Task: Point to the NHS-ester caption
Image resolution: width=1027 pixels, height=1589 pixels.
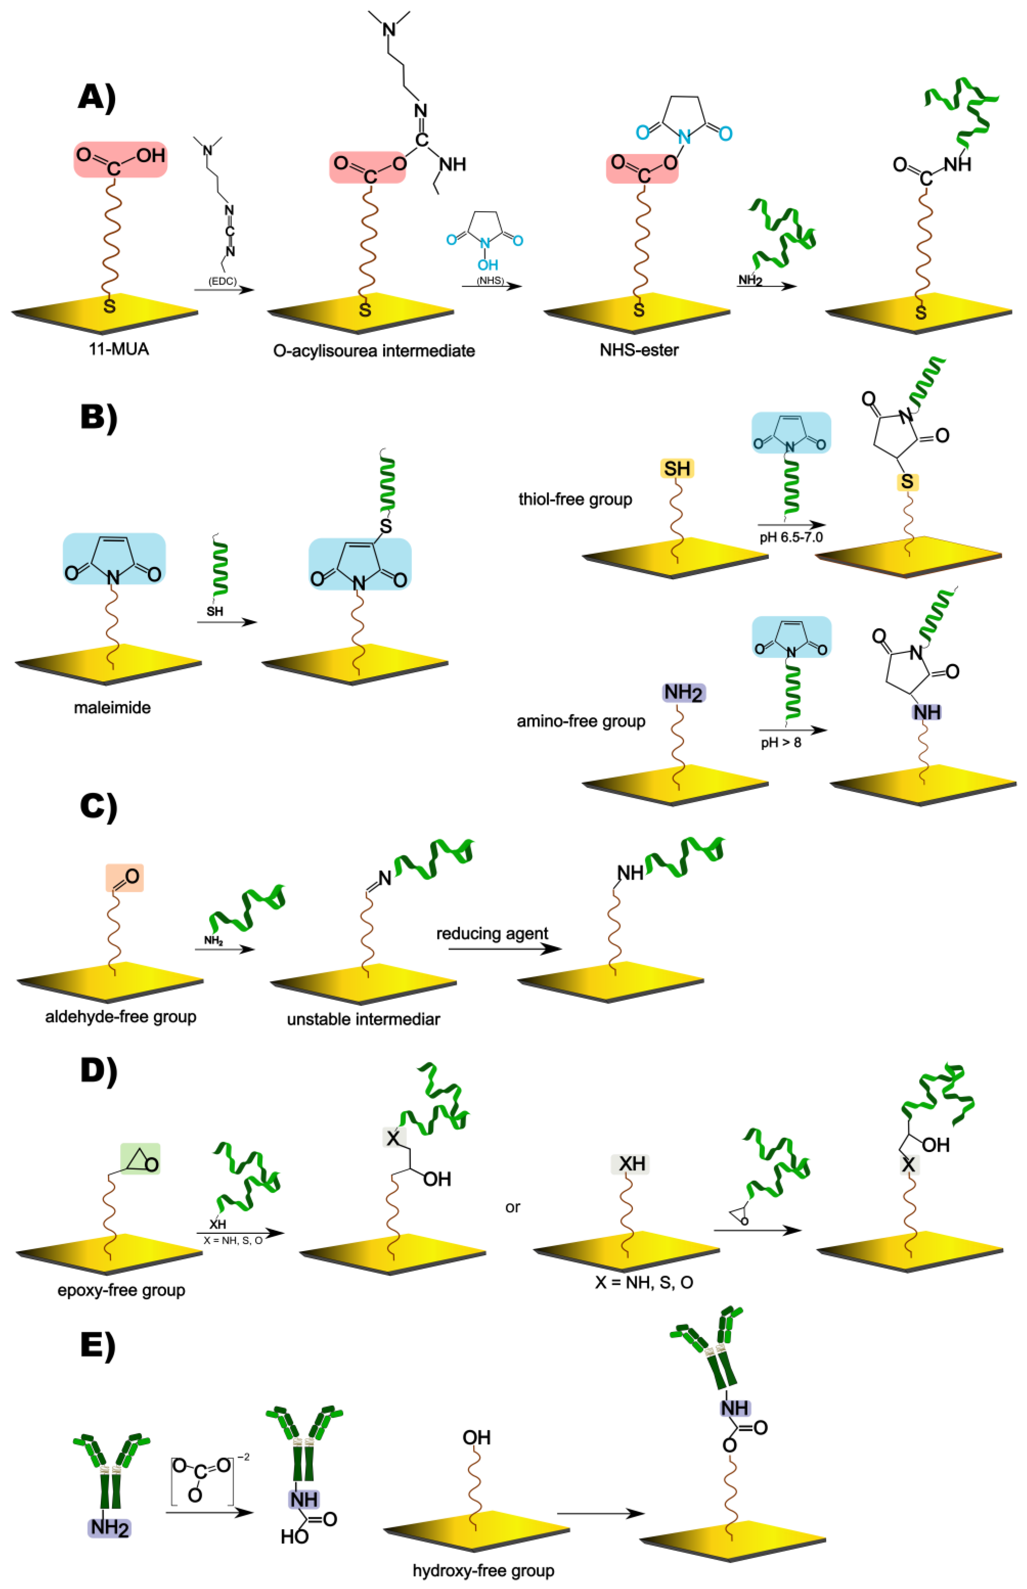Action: tap(639, 350)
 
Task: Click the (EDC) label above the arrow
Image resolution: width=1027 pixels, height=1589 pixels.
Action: tap(222, 281)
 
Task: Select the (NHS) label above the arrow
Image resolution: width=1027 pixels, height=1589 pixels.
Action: tap(490, 281)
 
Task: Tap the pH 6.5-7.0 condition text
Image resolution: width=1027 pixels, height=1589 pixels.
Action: tap(791, 537)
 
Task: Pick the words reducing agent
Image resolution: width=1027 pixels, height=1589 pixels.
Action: tap(492, 933)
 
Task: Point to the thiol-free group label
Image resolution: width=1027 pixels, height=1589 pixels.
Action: tap(575, 499)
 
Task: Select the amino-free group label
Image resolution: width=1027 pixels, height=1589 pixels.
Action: tap(581, 721)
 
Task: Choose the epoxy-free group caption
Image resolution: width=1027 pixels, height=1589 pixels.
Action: tap(121, 1290)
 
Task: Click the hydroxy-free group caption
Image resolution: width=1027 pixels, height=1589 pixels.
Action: tap(484, 1571)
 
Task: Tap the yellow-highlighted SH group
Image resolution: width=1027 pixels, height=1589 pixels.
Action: tap(677, 469)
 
